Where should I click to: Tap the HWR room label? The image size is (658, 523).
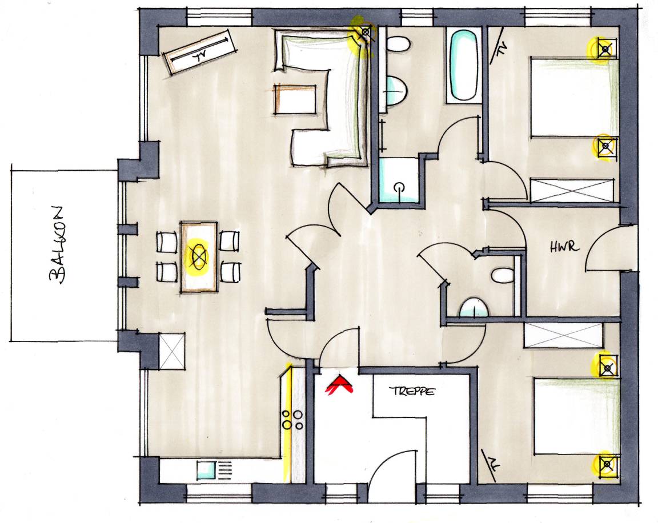click(x=564, y=247)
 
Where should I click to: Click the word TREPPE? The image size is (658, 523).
click(x=412, y=391)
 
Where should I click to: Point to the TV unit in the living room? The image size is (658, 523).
click(x=199, y=52)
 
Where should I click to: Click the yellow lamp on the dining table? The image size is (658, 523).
click(x=198, y=255)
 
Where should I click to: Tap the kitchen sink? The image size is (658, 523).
click(x=206, y=470)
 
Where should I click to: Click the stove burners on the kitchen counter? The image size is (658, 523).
click(x=292, y=420)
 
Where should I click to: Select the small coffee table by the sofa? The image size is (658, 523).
click(x=295, y=99)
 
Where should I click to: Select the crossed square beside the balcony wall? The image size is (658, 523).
click(x=171, y=351)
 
